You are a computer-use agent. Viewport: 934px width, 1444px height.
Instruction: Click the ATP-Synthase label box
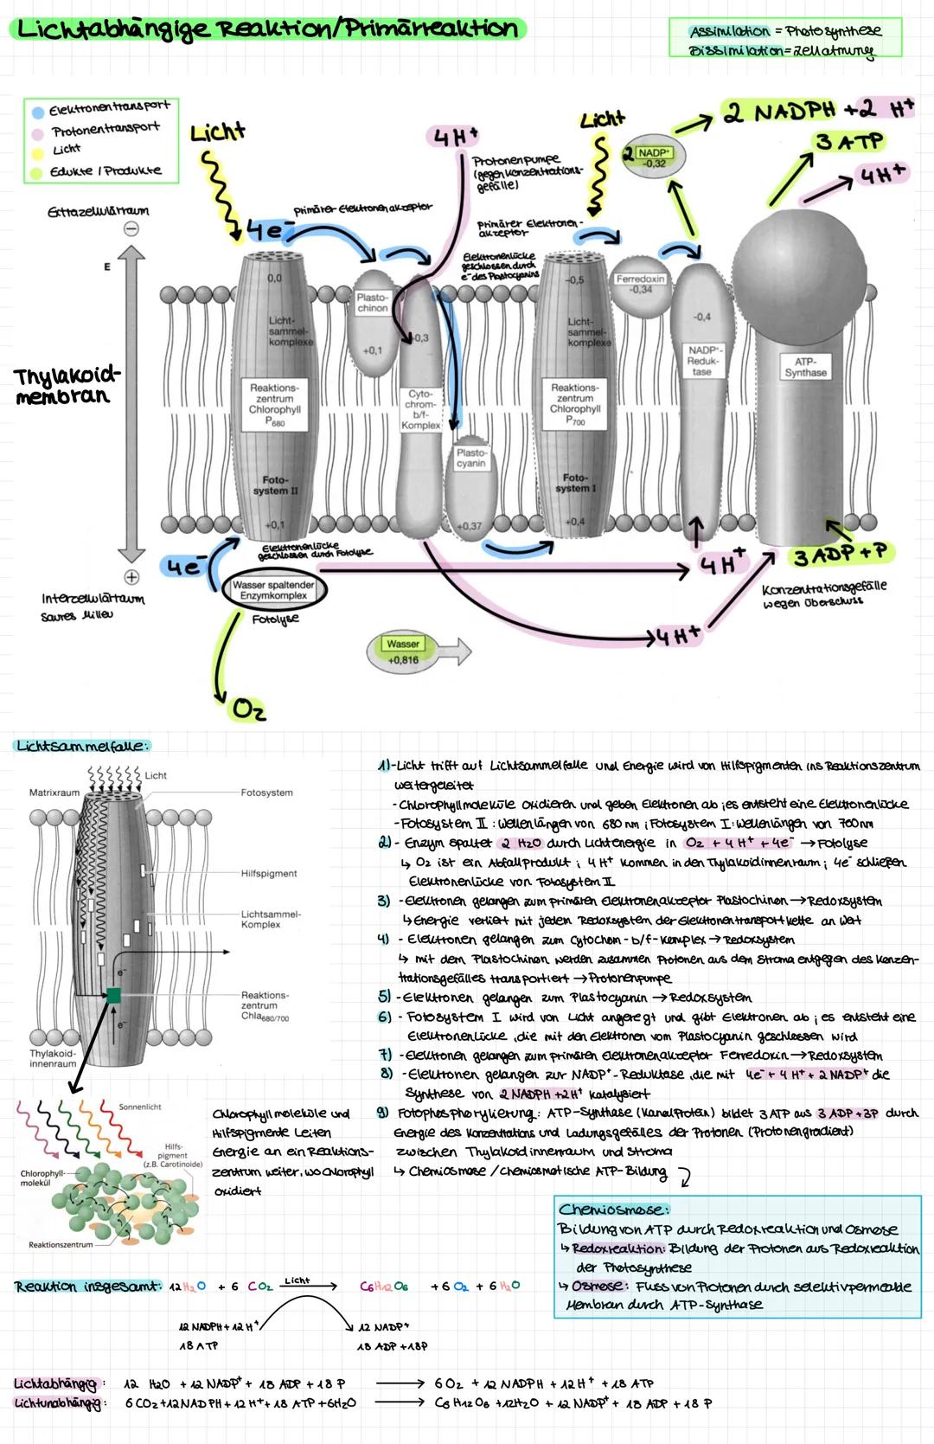pos(805,367)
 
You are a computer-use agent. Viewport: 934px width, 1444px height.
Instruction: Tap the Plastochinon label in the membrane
pos(373,303)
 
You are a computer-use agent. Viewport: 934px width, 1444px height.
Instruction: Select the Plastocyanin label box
pos(471,459)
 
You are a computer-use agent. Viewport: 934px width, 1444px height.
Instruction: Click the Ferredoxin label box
pos(640,285)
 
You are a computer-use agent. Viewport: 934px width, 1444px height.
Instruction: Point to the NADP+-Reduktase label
pos(701,361)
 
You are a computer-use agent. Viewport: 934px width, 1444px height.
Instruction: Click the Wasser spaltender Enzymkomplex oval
pos(273,590)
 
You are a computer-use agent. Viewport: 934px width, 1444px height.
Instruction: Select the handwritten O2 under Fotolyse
pos(248,710)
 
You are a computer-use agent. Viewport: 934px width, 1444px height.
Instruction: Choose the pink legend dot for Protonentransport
pos(38,133)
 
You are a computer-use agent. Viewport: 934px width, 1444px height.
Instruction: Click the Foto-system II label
pos(275,485)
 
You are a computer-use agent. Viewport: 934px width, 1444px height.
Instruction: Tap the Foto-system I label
pos(575,483)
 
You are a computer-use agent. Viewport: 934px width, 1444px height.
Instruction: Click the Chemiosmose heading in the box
pos(612,1210)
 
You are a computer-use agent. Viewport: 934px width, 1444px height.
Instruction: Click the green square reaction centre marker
pos(113,996)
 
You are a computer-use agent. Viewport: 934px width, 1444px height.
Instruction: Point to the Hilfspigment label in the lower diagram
pos(269,874)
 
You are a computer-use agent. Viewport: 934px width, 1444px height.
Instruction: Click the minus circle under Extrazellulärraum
pos(131,229)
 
